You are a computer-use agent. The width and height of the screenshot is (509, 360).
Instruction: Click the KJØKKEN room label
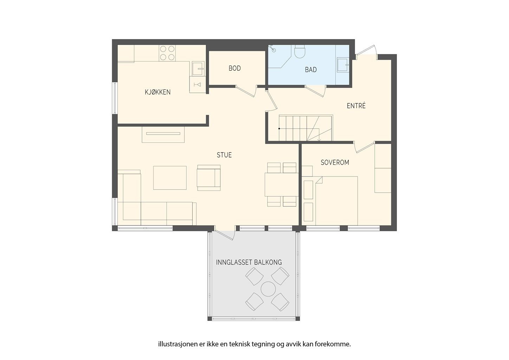[158, 92]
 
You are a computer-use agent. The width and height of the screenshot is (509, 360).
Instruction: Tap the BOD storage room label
[235, 68]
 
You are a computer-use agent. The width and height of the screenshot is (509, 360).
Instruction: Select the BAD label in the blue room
[311, 70]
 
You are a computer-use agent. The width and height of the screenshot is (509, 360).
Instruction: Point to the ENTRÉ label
[356, 106]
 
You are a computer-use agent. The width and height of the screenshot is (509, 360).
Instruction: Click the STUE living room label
[224, 155]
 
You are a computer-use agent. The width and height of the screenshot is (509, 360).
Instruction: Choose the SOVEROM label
[335, 162]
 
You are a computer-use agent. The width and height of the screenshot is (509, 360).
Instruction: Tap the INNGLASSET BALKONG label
[249, 262]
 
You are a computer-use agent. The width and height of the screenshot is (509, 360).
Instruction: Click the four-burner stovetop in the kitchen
[167, 53]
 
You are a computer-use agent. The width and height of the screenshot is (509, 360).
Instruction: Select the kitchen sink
[198, 69]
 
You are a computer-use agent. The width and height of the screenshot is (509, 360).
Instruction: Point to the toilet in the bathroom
[300, 52]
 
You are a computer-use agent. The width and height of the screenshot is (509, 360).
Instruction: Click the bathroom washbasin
[342, 65]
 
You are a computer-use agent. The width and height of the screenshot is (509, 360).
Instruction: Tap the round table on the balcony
[268, 289]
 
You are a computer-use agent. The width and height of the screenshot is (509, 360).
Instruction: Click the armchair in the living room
[209, 178]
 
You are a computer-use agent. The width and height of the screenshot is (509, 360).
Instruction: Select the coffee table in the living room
[170, 178]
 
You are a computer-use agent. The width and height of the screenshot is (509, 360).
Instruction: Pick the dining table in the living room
[282, 185]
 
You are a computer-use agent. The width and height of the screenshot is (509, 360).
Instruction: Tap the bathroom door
[315, 91]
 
